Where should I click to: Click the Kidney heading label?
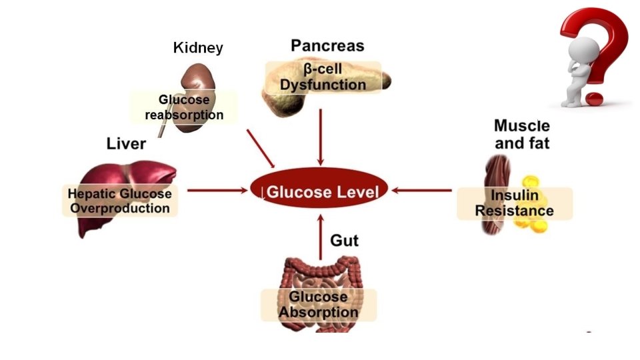pyautogui.click(x=198, y=48)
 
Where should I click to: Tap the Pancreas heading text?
pyautogui.click(x=327, y=45)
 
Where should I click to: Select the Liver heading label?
pyautogui.click(x=126, y=143)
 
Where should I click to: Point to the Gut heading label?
pyautogui.click(x=344, y=240)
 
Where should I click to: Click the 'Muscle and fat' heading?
pyautogui.click(x=521, y=133)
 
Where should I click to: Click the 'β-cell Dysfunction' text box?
pyautogui.click(x=323, y=77)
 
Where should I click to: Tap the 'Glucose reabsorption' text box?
pyautogui.click(x=184, y=107)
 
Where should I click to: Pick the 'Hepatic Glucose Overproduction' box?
pyautogui.click(x=121, y=201)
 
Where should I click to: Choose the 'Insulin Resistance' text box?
pyautogui.click(x=514, y=203)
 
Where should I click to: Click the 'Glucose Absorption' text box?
pyautogui.click(x=319, y=305)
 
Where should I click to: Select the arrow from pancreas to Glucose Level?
pyautogui.click(x=321, y=137)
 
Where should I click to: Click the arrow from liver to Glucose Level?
pyautogui.click(x=217, y=191)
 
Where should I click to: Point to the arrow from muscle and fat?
pyautogui.click(x=423, y=191)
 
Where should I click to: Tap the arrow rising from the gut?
pyautogui.click(x=321, y=237)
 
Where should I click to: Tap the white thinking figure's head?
pyautogui.click(x=575, y=50)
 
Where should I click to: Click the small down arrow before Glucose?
pyautogui.click(x=263, y=193)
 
